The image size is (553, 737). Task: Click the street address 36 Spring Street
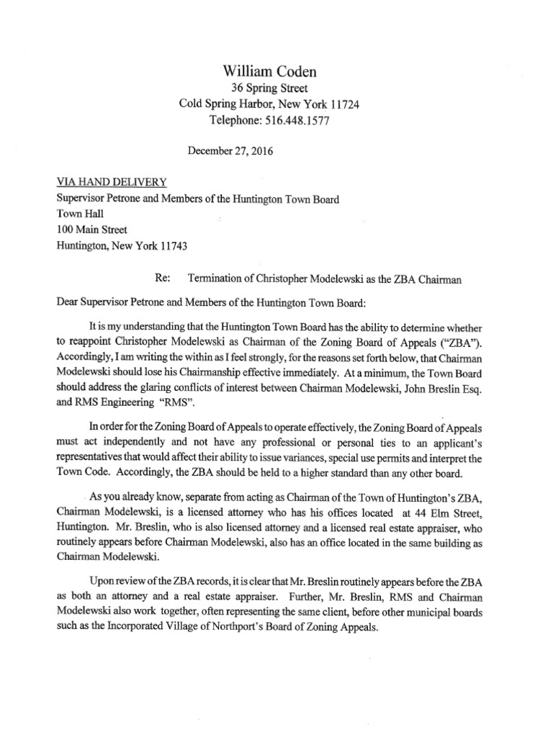click(269, 89)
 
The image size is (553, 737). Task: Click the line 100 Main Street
click(91, 230)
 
